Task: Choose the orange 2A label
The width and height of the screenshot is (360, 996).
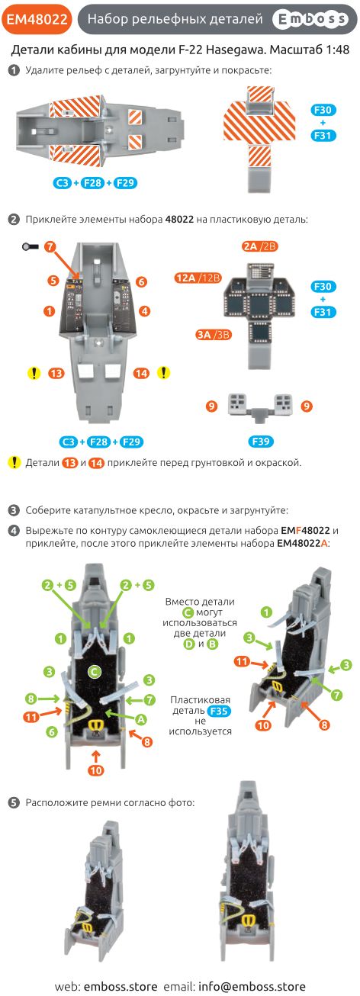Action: coord(251,246)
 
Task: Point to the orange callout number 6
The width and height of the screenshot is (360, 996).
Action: coord(141,281)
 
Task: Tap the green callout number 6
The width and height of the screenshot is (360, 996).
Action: coord(51,731)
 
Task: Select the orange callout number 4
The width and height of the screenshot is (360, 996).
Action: coord(144,311)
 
